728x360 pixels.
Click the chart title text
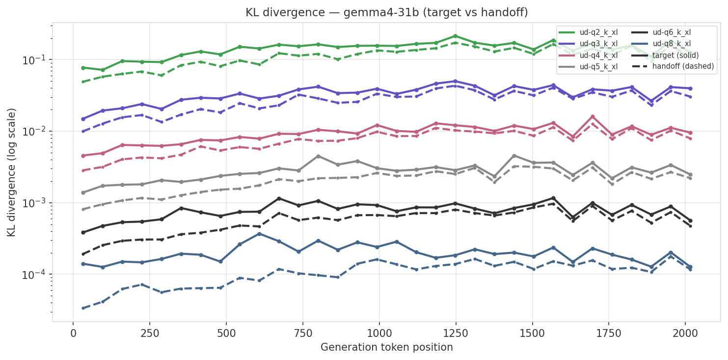(x=387, y=13)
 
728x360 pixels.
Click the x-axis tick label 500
(x=226, y=332)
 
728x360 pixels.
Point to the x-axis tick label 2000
(x=685, y=332)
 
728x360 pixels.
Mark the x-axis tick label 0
(x=73, y=332)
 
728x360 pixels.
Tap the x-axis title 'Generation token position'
(x=387, y=347)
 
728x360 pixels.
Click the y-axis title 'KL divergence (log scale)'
(x=12, y=172)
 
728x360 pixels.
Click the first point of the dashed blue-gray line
(x=83, y=308)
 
